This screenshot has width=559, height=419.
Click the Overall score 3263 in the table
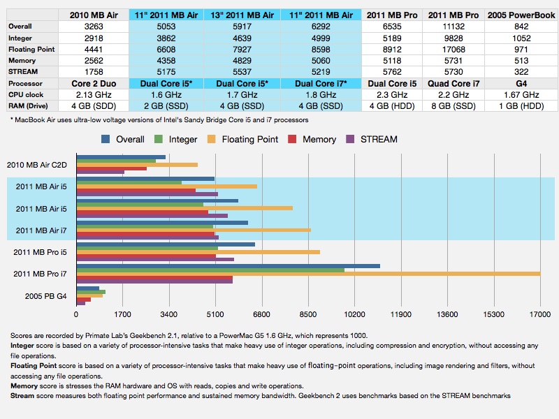click(99, 27)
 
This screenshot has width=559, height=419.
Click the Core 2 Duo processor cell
click(99, 83)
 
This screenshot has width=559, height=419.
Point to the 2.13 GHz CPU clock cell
click(99, 94)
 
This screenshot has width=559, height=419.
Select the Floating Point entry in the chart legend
click(249, 139)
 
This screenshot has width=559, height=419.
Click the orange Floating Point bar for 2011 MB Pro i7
click(307, 273)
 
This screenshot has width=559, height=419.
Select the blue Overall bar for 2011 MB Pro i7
click(228, 265)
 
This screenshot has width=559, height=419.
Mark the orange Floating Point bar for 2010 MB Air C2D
click(137, 165)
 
